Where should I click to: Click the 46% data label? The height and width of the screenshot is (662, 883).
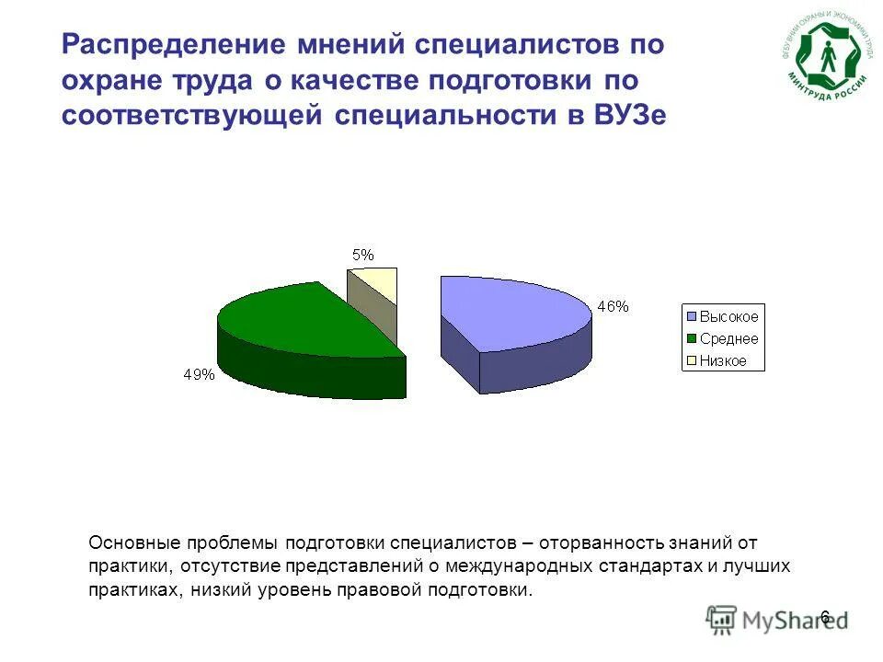click(613, 307)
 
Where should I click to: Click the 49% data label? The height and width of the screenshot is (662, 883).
click(200, 374)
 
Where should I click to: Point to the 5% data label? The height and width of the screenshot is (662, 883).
click(363, 256)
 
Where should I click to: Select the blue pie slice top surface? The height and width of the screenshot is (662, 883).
click(510, 313)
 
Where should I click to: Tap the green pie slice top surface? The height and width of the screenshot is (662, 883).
click(304, 322)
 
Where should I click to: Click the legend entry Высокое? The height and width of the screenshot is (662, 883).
click(728, 317)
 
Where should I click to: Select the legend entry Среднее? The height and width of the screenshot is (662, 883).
click(728, 339)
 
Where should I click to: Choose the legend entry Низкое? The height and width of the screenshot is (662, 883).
click(723, 361)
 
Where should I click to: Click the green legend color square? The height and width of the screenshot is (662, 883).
click(691, 339)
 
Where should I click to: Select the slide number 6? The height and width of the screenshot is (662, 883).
click(824, 616)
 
